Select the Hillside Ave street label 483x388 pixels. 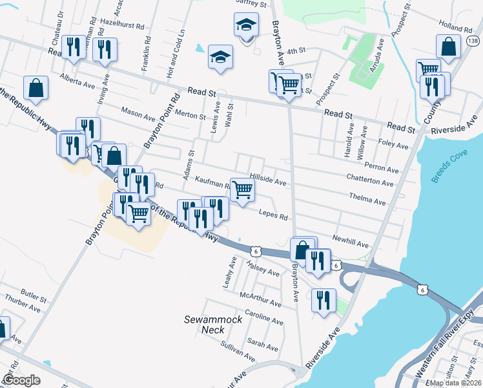[x=268, y=183]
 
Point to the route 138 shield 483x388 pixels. [x=473, y=41]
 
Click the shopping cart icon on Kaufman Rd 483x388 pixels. [x=242, y=189]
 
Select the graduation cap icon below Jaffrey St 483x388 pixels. [x=245, y=25]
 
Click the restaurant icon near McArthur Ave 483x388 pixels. [x=323, y=299]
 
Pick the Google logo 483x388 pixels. [x=21, y=380]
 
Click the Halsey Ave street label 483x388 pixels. [x=264, y=269]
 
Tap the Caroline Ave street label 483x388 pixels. [x=263, y=319]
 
